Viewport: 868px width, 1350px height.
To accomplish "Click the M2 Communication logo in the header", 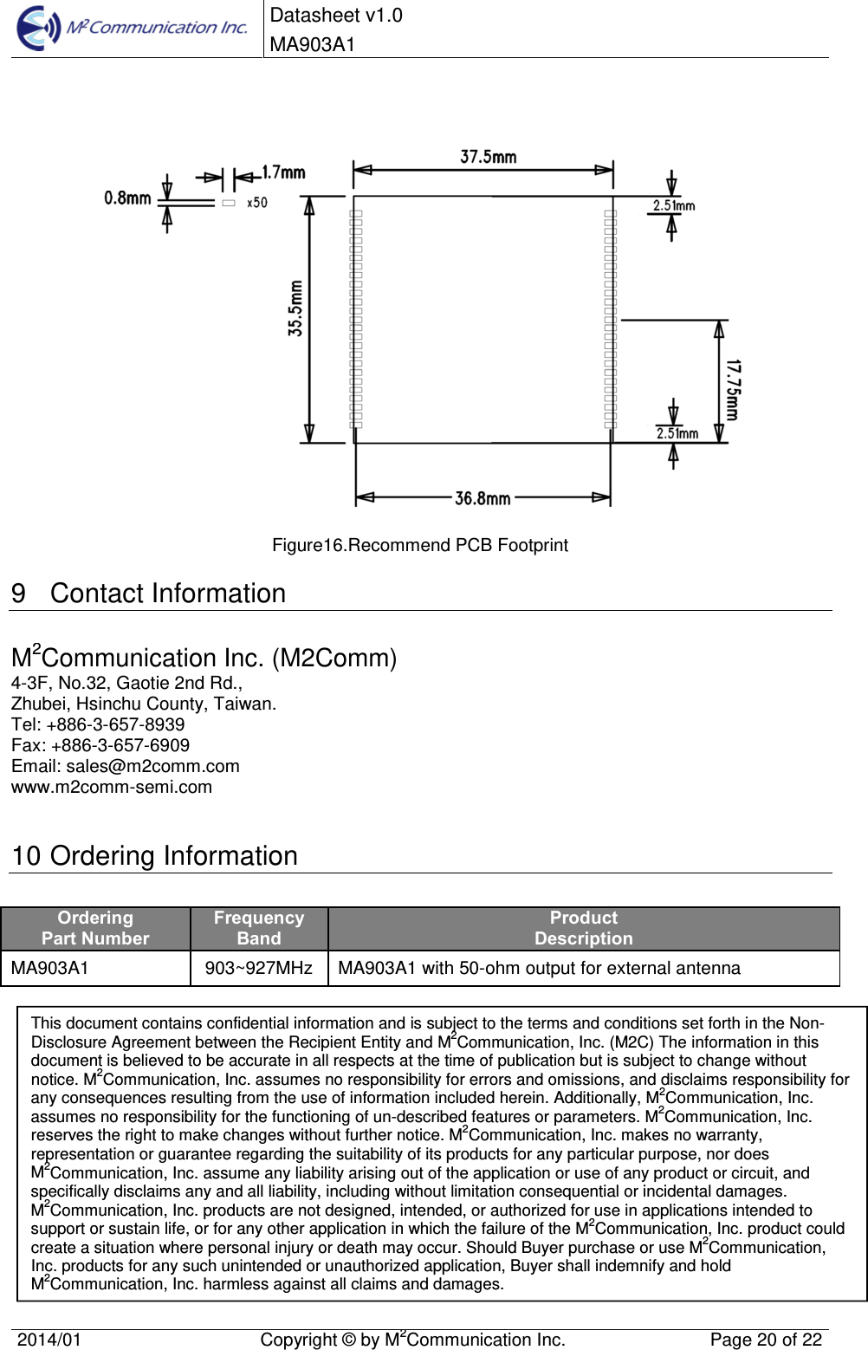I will tap(132, 28).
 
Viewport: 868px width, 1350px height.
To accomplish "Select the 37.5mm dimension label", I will tap(488, 157).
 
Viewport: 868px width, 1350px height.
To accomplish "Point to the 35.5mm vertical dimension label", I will tap(296, 308).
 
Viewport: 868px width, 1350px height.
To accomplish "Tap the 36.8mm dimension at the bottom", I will tap(483, 498).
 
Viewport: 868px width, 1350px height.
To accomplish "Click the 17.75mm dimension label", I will tap(733, 390).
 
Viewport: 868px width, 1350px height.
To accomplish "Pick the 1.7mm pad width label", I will tap(283, 172).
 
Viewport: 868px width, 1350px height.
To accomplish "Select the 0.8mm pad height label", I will tap(127, 198).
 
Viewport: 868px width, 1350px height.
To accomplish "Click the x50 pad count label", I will tap(257, 203).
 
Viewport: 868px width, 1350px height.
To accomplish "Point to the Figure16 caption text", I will tap(420, 545).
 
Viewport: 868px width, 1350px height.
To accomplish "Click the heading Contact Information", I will tap(167, 594).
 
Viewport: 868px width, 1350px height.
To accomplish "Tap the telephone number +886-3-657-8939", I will tap(115, 724).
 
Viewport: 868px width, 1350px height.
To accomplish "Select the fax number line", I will tap(100, 745).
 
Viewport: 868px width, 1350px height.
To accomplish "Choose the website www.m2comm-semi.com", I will tap(112, 787).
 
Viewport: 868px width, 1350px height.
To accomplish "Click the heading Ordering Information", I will tap(173, 856).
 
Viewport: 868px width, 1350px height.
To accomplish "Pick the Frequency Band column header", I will tap(259, 928).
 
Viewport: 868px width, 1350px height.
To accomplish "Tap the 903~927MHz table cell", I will tap(258, 968).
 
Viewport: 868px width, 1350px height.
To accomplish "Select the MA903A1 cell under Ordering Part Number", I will tap(50, 968).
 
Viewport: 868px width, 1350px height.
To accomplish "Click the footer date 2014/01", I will tap(49, 1340).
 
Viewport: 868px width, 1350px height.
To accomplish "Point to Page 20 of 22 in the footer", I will tap(766, 1340).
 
